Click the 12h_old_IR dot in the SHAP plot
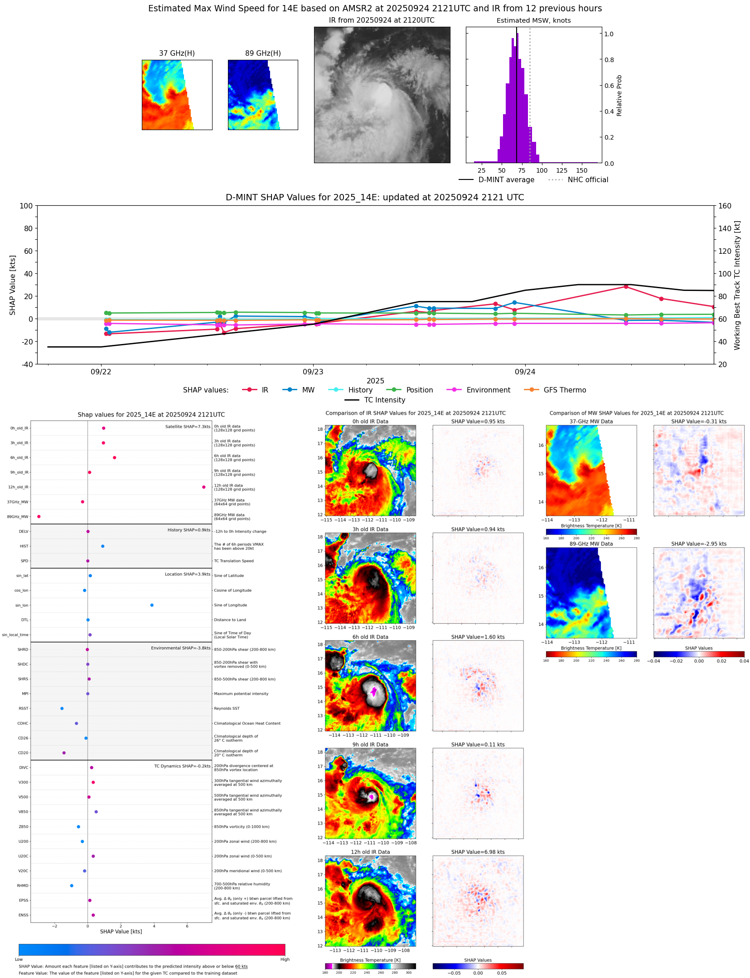pyautogui.click(x=203, y=487)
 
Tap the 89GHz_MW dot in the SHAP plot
pyautogui.click(x=39, y=516)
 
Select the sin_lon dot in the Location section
pyautogui.click(x=152, y=605)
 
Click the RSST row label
pyautogui.click(x=23, y=708)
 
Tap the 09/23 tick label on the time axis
pyautogui.click(x=313, y=372)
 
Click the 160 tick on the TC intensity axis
pyautogui.click(x=725, y=206)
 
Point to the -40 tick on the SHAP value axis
pyautogui.click(x=26, y=364)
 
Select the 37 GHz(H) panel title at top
pyautogui.click(x=177, y=53)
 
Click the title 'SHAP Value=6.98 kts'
pyautogui.click(x=478, y=852)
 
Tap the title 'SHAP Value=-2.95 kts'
pyautogui.click(x=698, y=543)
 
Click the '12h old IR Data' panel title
pyautogui.click(x=370, y=852)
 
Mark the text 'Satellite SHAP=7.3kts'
pyautogui.click(x=188, y=426)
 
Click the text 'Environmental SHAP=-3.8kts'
pyautogui.click(x=180, y=648)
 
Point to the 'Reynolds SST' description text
pyautogui.click(x=227, y=708)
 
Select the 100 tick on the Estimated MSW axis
pyautogui.click(x=542, y=170)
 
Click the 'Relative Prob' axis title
pyautogui.click(x=619, y=95)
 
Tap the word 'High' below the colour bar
pyautogui.click(x=285, y=959)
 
